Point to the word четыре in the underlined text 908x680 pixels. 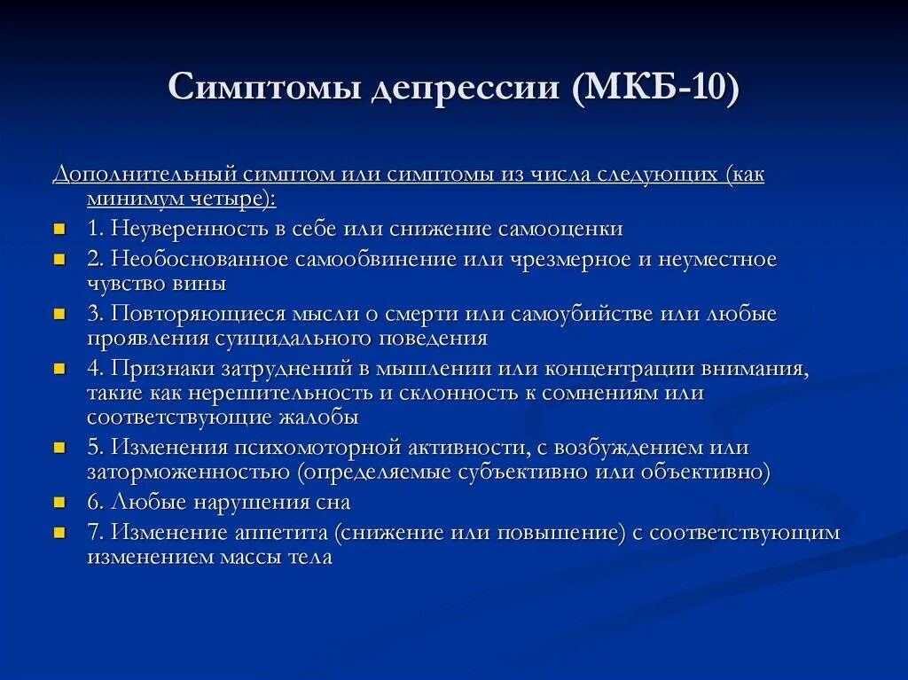coord(230,199)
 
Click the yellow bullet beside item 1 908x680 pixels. coord(59,229)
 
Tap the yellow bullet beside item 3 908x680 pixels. coord(59,314)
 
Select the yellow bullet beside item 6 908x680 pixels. coord(59,503)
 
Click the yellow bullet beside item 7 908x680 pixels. coord(59,533)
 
